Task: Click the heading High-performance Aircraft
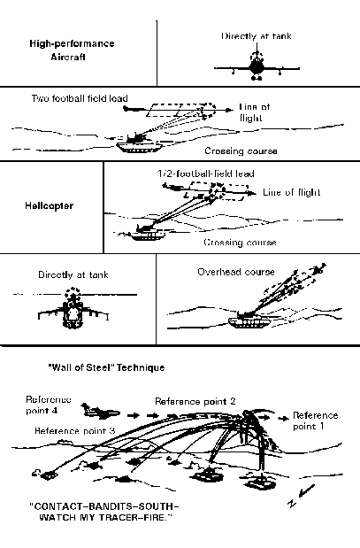[x=71, y=50]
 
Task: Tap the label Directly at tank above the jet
[x=256, y=36]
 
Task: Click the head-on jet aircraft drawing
[x=256, y=67]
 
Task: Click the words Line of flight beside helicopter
[x=293, y=192]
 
